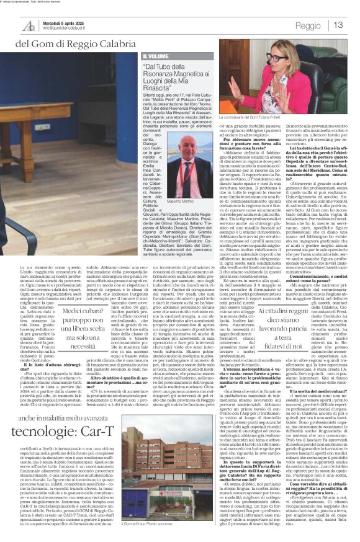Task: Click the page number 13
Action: (x=339, y=25)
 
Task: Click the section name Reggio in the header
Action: (x=308, y=26)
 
